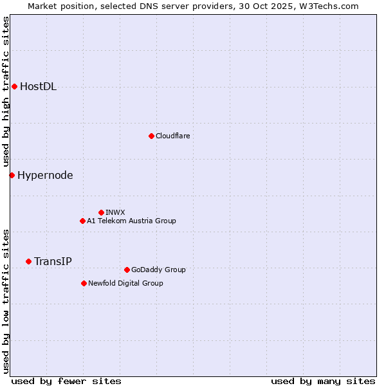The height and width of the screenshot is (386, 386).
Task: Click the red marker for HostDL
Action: point(14,86)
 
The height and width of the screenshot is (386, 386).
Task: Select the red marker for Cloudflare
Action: point(151,136)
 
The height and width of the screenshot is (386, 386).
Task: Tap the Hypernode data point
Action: point(12,175)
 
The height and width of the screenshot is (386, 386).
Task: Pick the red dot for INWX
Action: point(101,212)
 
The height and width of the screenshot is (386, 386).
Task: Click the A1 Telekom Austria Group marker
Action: point(82,221)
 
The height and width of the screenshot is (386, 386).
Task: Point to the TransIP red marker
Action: point(28,261)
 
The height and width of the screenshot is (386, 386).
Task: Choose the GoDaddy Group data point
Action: point(127,270)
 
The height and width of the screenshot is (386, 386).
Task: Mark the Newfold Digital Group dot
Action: point(84,283)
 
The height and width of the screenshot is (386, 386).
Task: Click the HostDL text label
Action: point(39,87)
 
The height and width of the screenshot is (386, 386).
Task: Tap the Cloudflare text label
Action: point(173,136)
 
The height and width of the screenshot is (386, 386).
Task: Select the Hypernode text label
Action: point(45,175)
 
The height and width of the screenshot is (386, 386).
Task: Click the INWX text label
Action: point(115,212)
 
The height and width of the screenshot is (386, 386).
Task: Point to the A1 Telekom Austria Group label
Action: point(131,221)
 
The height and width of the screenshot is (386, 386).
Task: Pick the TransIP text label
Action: point(53,261)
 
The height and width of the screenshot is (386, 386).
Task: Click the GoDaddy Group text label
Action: point(158,270)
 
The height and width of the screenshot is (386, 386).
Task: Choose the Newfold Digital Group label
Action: point(125,283)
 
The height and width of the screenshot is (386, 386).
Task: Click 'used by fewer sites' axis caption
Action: point(66,381)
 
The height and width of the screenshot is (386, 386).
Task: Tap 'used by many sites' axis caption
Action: point(323,381)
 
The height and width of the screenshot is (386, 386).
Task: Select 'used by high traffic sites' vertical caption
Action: point(6,92)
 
